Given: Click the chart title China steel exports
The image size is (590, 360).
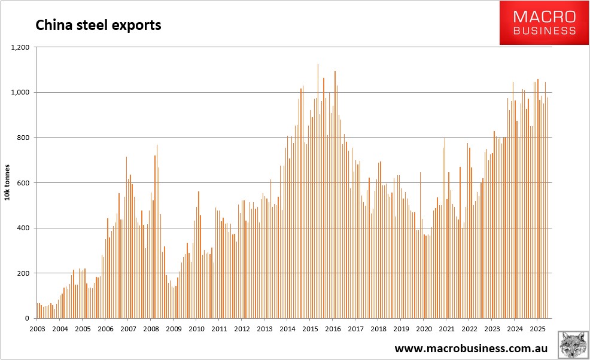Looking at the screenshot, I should [x=99, y=25].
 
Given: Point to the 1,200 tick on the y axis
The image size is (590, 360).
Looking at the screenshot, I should [x=22, y=47].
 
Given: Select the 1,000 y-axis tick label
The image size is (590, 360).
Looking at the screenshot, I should [x=22, y=92].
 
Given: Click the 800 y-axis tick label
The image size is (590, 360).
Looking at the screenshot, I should [x=25, y=138].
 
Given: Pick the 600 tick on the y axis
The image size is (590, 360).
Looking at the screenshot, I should [x=25, y=183].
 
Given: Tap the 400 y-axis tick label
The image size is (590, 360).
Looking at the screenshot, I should [x=25, y=228].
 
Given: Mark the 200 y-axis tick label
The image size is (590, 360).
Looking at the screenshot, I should [x=25, y=273].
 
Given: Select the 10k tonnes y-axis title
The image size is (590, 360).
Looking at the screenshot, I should [x=8, y=182].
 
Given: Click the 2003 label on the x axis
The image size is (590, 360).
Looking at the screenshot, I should [x=37, y=329].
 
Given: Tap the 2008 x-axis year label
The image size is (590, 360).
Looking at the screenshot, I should [x=151, y=329].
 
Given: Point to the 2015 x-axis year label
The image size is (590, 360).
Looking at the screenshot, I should [x=310, y=329].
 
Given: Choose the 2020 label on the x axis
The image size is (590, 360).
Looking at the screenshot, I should [x=424, y=329].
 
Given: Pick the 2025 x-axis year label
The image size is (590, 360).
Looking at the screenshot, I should [x=537, y=329].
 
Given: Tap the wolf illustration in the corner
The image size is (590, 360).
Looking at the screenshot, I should [x=573, y=345].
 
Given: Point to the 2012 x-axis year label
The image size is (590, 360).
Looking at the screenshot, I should [x=242, y=329].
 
